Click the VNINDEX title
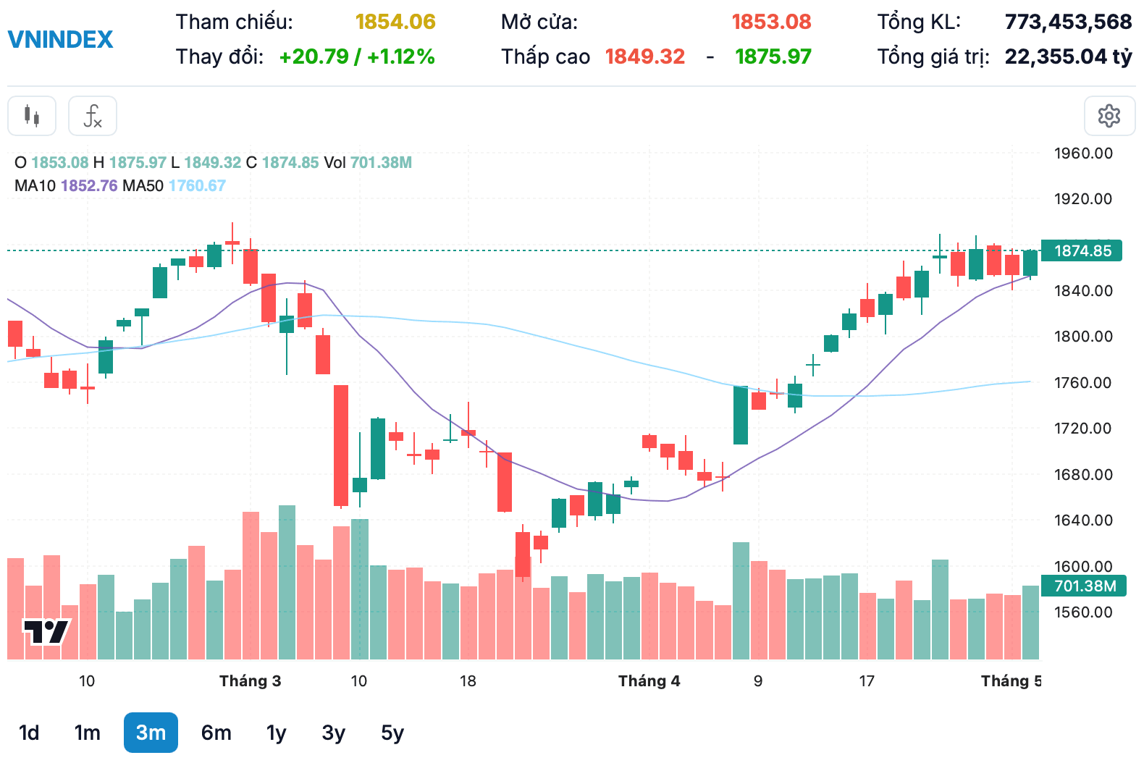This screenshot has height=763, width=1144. click(60, 40)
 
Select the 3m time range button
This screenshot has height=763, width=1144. click(151, 733)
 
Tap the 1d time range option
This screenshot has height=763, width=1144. click(29, 733)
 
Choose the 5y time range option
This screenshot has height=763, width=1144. click(392, 733)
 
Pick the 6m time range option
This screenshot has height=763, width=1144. click(216, 733)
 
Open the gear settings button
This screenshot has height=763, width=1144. click(1109, 116)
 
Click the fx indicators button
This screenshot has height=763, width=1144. click(93, 116)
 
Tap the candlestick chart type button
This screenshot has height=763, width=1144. click(32, 116)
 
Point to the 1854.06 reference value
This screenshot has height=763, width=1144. click(395, 22)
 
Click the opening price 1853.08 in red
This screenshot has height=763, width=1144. click(771, 22)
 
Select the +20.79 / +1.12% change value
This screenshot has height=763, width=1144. click(357, 56)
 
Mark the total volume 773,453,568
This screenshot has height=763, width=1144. click(1069, 22)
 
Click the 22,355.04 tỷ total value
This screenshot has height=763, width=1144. click(1069, 56)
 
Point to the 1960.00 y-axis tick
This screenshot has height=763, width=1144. click(1083, 153)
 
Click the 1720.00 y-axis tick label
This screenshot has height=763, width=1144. click(1082, 428)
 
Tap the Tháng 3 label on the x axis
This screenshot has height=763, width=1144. click(251, 680)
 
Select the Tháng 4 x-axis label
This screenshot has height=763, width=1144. click(649, 680)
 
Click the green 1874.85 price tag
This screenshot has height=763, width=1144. click(1082, 250)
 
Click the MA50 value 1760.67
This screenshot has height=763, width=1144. click(197, 185)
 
